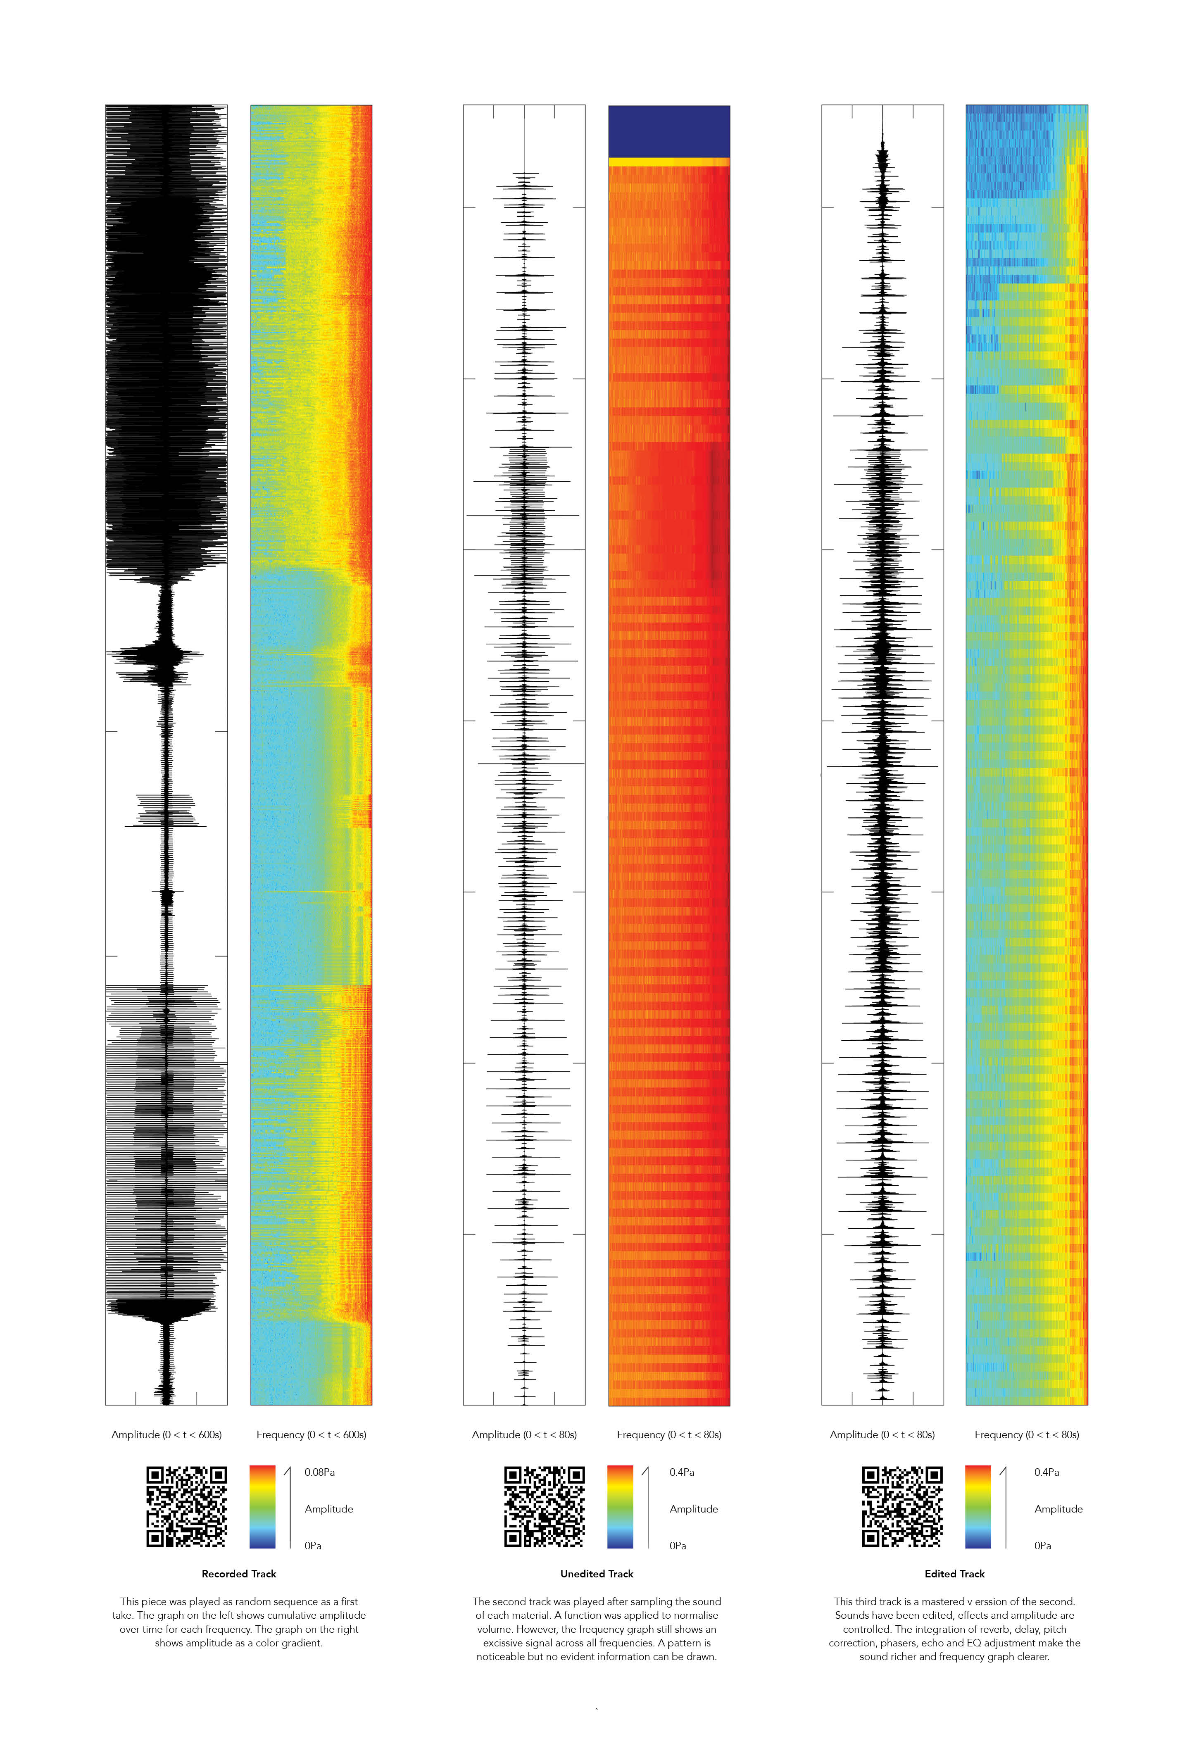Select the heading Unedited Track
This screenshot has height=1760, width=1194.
(x=597, y=1574)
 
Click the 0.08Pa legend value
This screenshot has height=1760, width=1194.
(x=319, y=1472)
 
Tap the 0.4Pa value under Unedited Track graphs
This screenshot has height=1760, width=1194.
(x=681, y=1472)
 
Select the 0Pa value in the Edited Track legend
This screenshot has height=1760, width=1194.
(x=1042, y=1546)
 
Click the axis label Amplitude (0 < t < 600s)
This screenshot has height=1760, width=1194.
(x=166, y=1434)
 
